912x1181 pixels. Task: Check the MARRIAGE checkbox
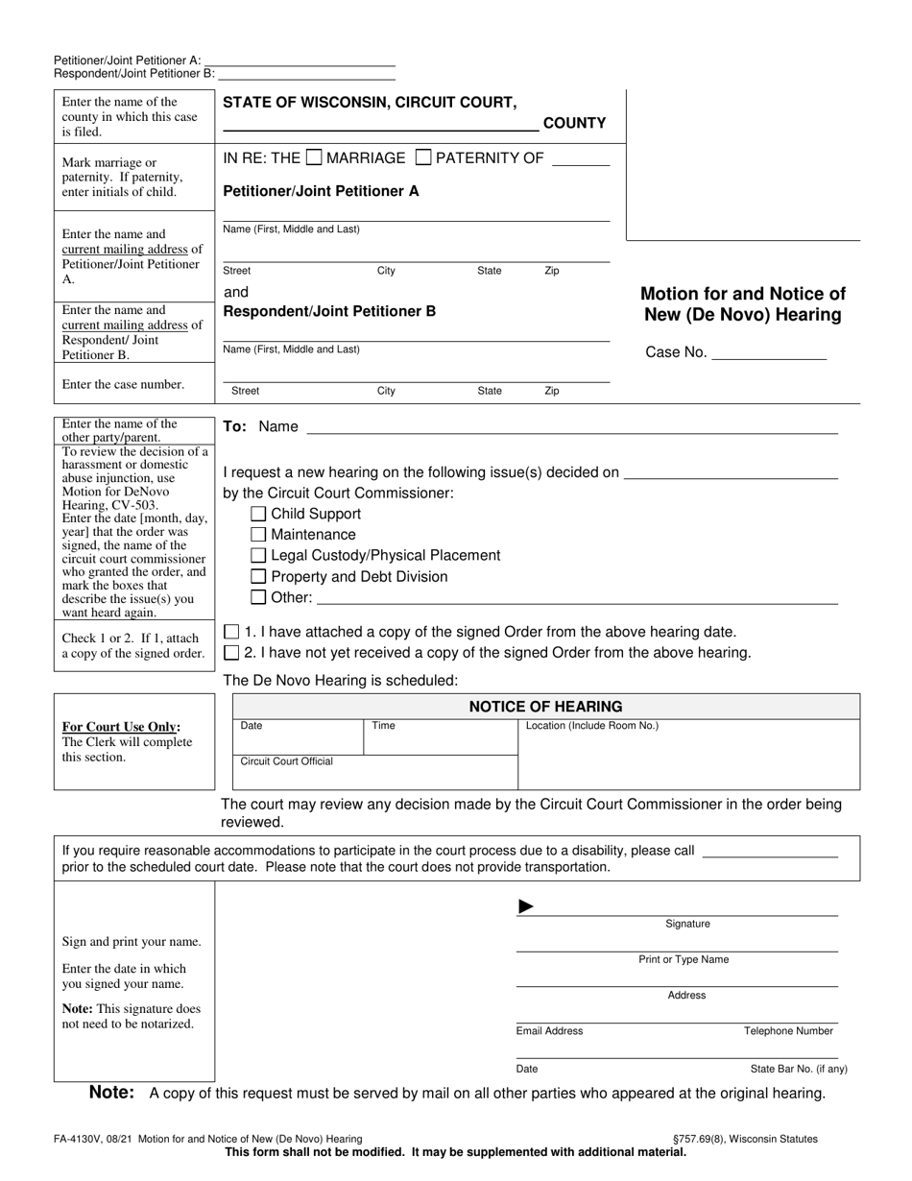click(313, 157)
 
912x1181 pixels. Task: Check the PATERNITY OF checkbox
click(422, 157)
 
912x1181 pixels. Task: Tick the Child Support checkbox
click(258, 514)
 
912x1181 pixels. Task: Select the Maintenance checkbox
click(258, 535)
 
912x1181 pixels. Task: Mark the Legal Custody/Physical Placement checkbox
click(258, 555)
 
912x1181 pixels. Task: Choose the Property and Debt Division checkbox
click(258, 576)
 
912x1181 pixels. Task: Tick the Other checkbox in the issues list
click(258, 597)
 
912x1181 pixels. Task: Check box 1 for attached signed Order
click(231, 632)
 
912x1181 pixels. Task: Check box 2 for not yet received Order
click(231, 653)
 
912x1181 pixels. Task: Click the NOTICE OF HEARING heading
click(545, 707)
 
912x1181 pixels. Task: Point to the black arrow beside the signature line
click(525, 906)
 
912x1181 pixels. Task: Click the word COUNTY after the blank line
click(574, 123)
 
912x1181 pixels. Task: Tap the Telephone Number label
click(788, 1031)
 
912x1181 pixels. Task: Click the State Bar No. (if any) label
click(799, 1069)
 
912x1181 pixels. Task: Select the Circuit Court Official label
click(286, 761)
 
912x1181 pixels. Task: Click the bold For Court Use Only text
click(121, 727)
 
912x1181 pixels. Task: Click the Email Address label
click(549, 1031)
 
